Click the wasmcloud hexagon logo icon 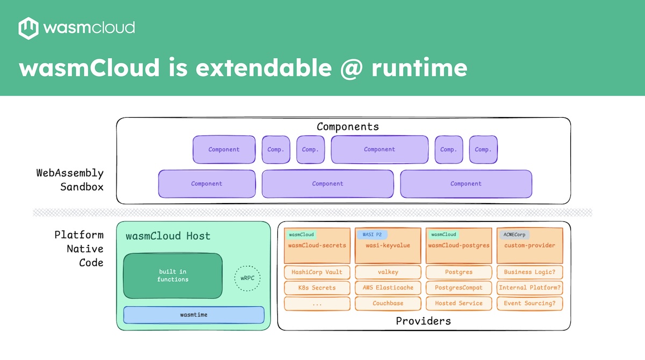28,28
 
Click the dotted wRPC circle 247,279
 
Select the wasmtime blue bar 193,315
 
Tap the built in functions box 173,276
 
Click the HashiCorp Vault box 317,272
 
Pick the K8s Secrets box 317,287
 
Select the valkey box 388,272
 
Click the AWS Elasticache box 388,287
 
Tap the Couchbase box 388,303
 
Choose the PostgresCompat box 458,287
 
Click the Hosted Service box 458,303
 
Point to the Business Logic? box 529,272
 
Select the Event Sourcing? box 529,303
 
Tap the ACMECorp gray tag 514,235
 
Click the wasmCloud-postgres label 458,246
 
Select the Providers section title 423,321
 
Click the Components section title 347,127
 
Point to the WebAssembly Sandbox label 69,180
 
